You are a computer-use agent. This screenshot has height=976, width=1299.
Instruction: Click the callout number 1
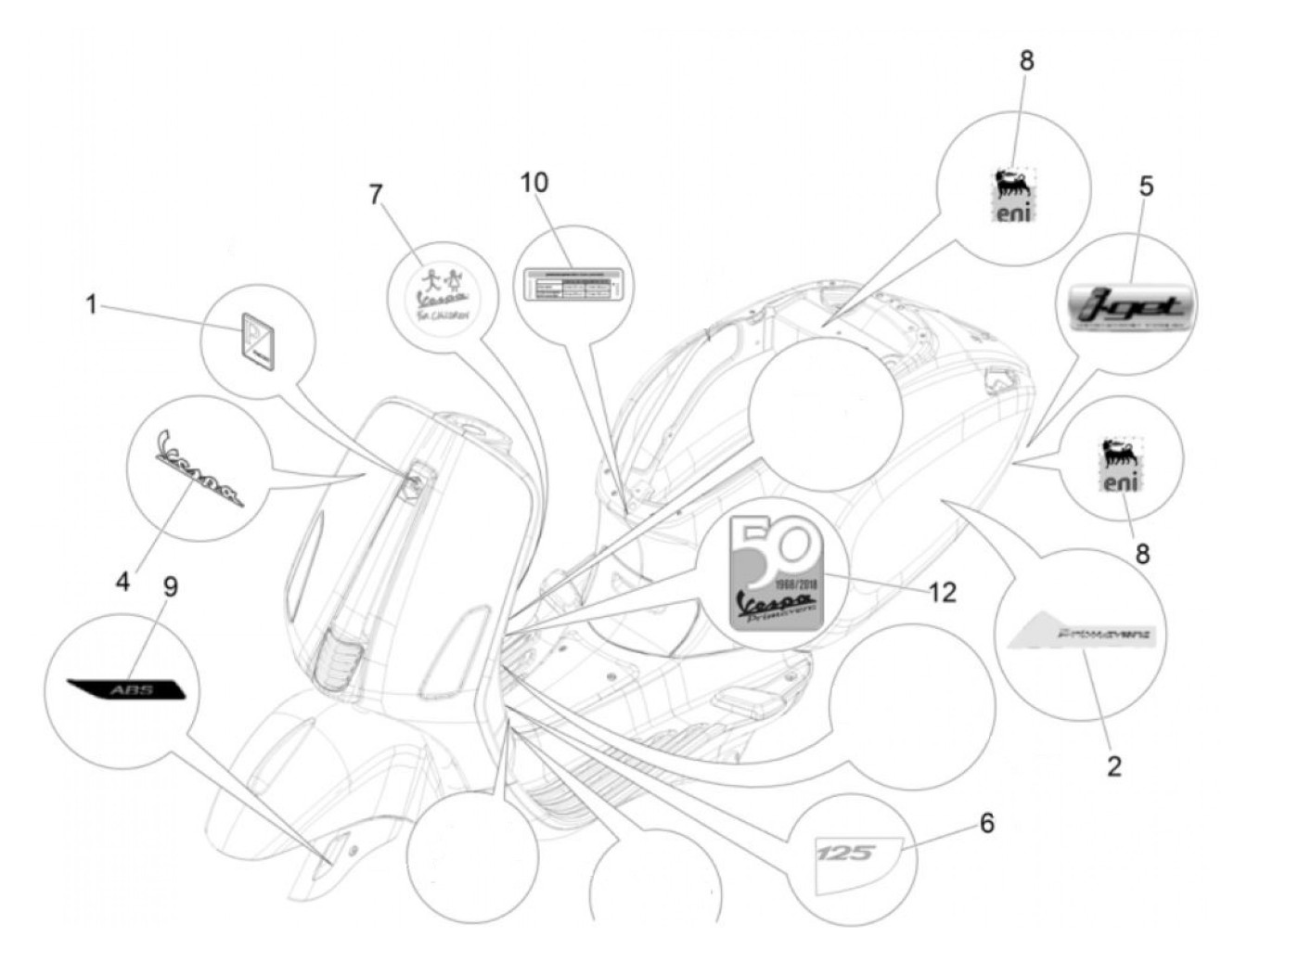point(91,304)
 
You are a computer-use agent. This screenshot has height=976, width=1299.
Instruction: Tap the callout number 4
point(122,582)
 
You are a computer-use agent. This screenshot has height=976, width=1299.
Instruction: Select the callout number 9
point(171,587)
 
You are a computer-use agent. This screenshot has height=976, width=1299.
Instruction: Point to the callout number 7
point(376,195)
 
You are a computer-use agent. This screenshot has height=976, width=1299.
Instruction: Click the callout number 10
point(534,183)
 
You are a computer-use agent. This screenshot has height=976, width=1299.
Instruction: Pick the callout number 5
point(1146,186)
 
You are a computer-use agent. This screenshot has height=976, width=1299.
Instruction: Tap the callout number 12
point(942,592)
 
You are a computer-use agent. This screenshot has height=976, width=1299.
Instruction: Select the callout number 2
point(1114,765)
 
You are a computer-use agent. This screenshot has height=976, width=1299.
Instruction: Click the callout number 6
point(987,823)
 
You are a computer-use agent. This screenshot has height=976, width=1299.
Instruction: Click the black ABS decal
point(127,689)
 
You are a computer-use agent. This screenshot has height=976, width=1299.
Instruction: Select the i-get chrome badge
point(1128,306)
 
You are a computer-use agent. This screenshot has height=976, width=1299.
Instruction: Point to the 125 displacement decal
point(845,852)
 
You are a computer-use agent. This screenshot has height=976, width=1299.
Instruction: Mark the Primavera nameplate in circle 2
point(1079,636)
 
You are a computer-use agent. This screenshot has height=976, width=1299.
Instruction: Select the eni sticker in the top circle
point(1014,196)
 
